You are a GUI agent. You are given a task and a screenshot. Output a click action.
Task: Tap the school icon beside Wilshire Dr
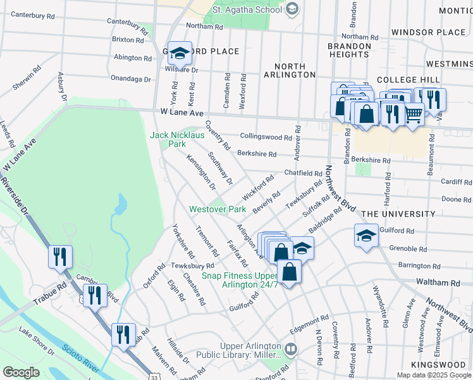(x=180, y=54)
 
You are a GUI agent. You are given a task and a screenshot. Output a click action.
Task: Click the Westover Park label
(x=218, y=209)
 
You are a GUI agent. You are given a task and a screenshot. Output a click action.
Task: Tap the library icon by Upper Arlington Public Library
(x=290, y=348)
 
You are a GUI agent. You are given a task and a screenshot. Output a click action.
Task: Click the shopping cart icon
(x=414, y=115)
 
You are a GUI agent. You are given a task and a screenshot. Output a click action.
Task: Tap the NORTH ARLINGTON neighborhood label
(x=295, y=70)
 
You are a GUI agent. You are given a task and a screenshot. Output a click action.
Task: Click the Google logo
(x=21, y=372)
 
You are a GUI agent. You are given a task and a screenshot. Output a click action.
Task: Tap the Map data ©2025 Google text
(x=434, y=375)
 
